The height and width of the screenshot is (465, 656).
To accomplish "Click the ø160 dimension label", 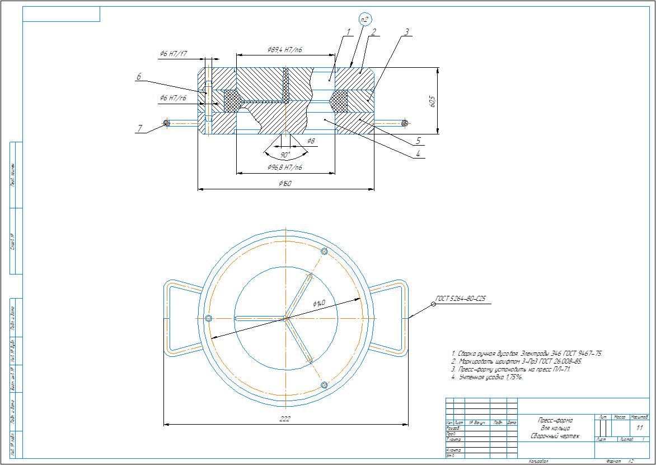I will click(285, 184).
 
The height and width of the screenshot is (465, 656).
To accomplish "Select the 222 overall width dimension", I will click(285, 419).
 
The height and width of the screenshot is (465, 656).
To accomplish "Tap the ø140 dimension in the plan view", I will click(319, 303).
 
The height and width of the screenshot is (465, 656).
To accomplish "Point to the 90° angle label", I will click(285, 155).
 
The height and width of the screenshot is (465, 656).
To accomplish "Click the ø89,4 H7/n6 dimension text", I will click(285, 50).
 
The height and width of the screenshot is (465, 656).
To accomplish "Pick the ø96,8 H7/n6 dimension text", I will click(285, 168).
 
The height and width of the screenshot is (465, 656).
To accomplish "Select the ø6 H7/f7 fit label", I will click(173, 54).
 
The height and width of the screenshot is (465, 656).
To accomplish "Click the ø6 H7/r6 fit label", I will click(173, 98).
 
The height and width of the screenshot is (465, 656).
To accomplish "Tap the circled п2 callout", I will click(365, 19).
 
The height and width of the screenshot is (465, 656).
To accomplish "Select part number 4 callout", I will click(417, 154).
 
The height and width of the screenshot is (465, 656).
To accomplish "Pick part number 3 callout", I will click(407, 32).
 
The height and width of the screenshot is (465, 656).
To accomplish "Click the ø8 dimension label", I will click(311, 140).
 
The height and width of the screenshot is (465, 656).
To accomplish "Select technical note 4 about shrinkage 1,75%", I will click(487, 377).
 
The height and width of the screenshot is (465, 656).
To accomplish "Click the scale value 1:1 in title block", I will click(640, 427).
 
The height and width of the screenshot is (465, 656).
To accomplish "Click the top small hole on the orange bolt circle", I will click(324, 251).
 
